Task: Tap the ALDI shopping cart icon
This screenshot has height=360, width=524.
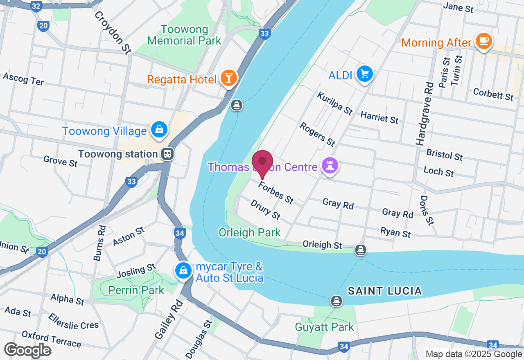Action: (364, 74)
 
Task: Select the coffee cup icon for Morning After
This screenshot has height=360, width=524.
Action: (484, 41)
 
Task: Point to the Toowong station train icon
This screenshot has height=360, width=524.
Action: (167, 154)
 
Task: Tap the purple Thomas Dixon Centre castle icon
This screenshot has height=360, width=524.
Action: (328, 166)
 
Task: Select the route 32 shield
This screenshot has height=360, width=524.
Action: (36, 7)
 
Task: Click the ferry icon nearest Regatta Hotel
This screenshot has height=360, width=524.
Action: (236, 105)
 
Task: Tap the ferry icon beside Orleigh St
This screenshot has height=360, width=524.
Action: (360, 250)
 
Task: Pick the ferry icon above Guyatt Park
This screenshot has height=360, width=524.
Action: (337, 301)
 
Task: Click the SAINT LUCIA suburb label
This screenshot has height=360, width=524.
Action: (384, 291)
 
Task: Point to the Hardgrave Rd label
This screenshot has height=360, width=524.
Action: (424, 114)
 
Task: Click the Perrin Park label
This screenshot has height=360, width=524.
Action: (136, 290)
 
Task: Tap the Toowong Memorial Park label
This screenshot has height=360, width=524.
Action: (184, 35)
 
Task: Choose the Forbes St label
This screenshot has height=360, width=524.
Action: (276, 193)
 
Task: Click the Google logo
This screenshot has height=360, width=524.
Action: (27, 350)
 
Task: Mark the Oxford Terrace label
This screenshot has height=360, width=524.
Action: (51, 339)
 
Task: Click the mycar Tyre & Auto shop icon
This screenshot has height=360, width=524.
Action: (184, 270)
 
